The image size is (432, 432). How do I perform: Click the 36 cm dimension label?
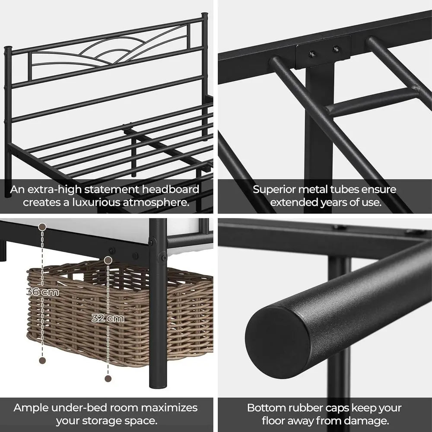tap(42, 292)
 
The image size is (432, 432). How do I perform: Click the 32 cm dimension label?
tap(108, 319)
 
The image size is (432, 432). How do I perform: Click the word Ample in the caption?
tap(31, 408)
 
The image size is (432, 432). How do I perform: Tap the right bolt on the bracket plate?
tap(336, 49)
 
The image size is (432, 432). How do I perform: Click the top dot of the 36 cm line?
tap(42, 226)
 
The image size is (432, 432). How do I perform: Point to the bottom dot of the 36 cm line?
tap(42, 360)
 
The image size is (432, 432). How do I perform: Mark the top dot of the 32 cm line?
tap(108, 260)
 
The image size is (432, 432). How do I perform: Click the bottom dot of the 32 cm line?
tap(108, 378)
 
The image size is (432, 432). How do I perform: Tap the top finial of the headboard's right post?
tap(204, 17)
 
